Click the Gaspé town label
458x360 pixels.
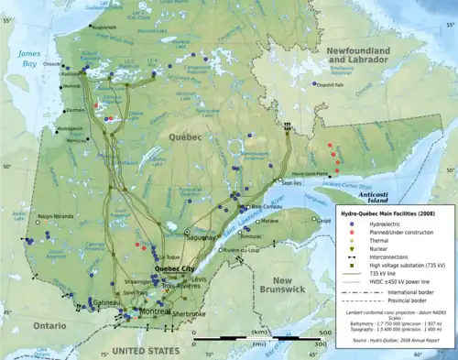[322, 221]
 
